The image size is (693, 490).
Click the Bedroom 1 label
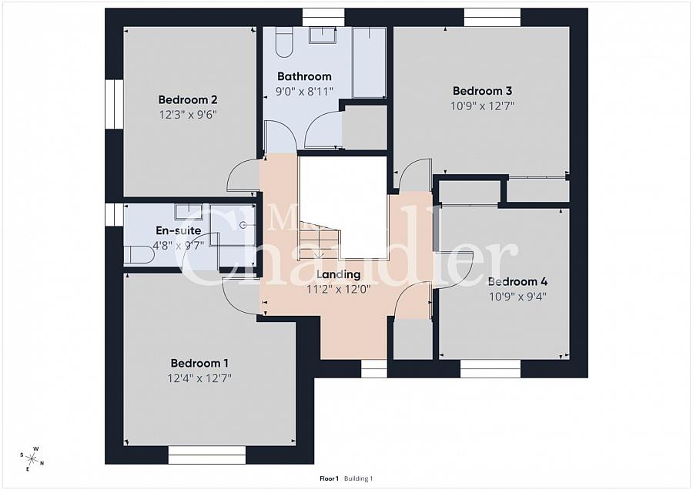point(199,363)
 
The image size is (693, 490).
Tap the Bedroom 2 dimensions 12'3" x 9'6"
point(188,114)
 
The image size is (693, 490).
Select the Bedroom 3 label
point(482,91)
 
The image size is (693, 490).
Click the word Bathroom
point(304,76)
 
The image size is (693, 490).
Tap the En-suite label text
point(178,230)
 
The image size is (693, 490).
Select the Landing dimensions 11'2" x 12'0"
point(339,289)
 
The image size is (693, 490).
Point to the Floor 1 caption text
point(329,478)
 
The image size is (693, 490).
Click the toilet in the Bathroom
point(283,42)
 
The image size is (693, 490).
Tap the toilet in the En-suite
point(139,255)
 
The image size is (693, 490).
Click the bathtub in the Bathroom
point(369,62)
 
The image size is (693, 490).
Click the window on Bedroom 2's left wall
point(114,104)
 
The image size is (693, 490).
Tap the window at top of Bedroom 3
point(493,17)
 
